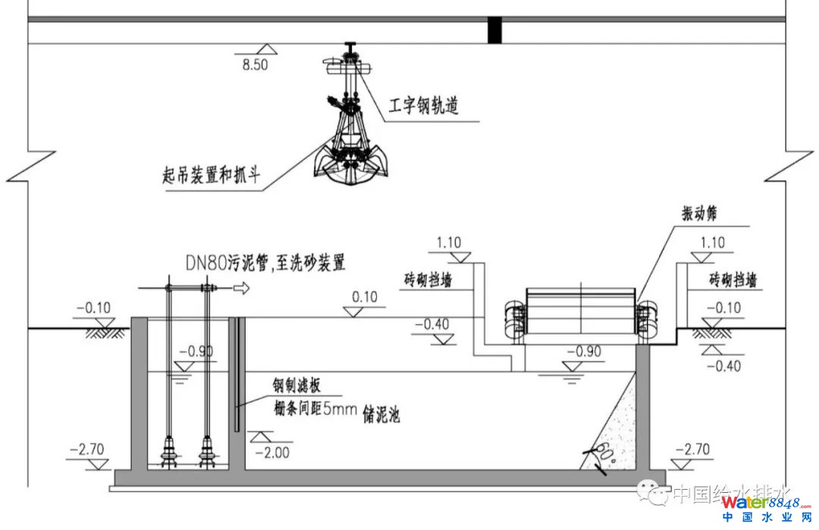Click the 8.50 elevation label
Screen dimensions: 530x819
click(x=255, y=65)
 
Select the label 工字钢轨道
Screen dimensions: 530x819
click(x=424, y=106)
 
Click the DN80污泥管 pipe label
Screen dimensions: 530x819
click(x=265, y=263)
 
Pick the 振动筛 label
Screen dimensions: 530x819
click(x=699, y=215)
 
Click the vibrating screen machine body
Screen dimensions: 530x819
click(x=580, y=312)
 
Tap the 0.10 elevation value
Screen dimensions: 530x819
click(x=365, y=296)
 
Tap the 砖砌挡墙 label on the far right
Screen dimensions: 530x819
click(x=733, y=280)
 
